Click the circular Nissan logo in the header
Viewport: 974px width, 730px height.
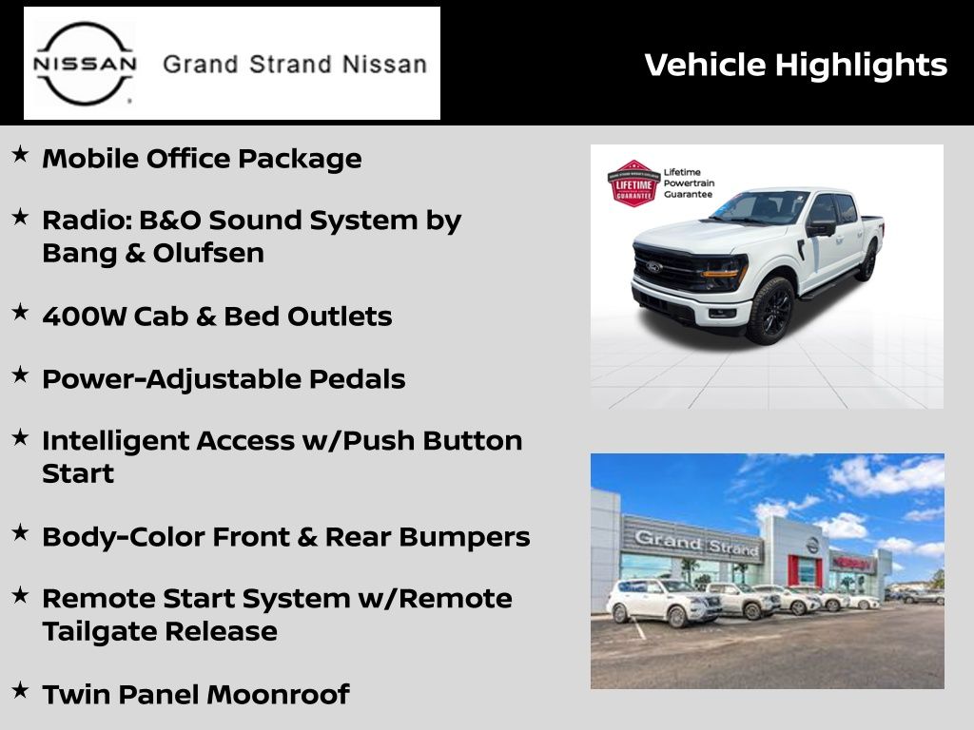click(84, 64)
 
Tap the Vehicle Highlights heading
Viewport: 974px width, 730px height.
click(796, 65)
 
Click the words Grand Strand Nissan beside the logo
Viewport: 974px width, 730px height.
click(295, 64)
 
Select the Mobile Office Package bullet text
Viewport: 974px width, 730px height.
click(202, 159)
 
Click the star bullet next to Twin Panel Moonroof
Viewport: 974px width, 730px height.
click(20, 690)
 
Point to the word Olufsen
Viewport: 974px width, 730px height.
click(208, 253)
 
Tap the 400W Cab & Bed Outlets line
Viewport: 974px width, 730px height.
click(218, 317)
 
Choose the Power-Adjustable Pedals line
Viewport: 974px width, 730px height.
click(224, 379)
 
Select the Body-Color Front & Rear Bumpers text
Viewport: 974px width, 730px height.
click(285, 537)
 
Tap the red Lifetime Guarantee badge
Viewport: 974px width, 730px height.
click(633, 183)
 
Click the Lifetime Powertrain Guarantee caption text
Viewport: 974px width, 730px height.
click(689, 183)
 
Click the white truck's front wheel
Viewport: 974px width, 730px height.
click(770, 311)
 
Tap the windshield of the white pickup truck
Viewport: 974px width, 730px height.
click(762, 207)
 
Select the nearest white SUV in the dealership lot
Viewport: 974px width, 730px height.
click(663, 602)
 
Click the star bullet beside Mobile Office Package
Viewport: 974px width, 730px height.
click(20, 154)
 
